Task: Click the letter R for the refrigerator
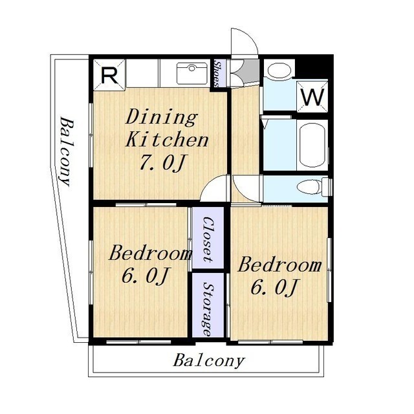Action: (109, 76)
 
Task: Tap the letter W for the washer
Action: (312, 97)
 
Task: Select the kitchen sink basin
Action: (192, 73)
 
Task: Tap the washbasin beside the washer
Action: (279, 71)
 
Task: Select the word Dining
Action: (162, 118)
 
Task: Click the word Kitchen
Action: (167, 140)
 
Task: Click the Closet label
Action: (208, 239)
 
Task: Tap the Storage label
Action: (208, 309)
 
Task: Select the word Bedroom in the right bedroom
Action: (280, 265)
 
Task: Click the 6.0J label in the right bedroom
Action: (274, 287)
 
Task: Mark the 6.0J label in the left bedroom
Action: (145, 276)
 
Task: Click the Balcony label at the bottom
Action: (209, 360)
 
